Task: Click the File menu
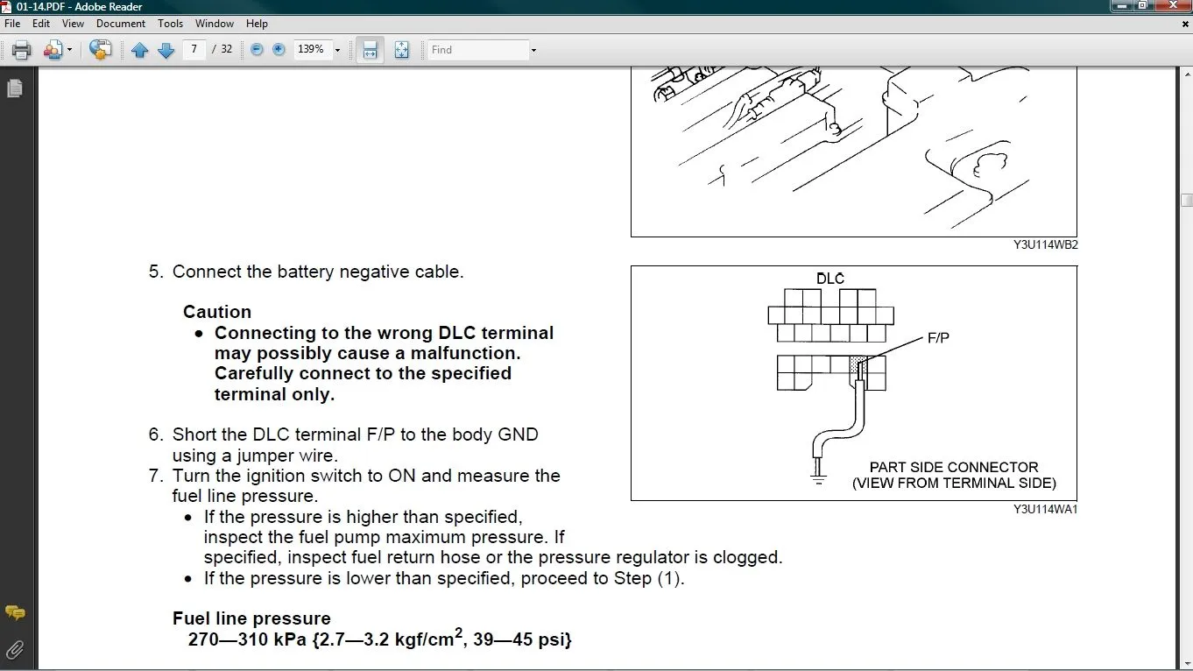pyautogui.click(x=12, y=24)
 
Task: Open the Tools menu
pyautogui.click(x=170, y=24)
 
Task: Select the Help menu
pyautogui.click(x=257, y=24)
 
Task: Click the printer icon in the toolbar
pyautogui.click(x=22, y=50)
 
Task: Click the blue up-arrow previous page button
pyautogui.click(x=139, y=50)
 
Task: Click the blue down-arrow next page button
pyautogui.click(x=166, y=50)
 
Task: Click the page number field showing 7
pyautogui.click(x=194, y=50)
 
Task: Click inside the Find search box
pyautogui.click(x=477, y=50)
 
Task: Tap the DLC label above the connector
pyautogui.click(x=830, y=279)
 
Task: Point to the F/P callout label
pyautogui.click(x=938, y=337)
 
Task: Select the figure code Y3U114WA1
pyautogui.click(x=1045, y=509)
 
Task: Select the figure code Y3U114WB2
pyautogui.click(x=1045, y=245)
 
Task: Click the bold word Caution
pyautogui.click(x=217, y=312)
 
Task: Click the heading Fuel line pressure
pyautogui.click(x=251, y=618)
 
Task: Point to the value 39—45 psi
pyautogui.click(x=522, y=639)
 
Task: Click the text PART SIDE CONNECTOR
pyautogui.click(x=954, y=467)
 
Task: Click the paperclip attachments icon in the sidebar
pyautogui.click(x=15, y=649)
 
